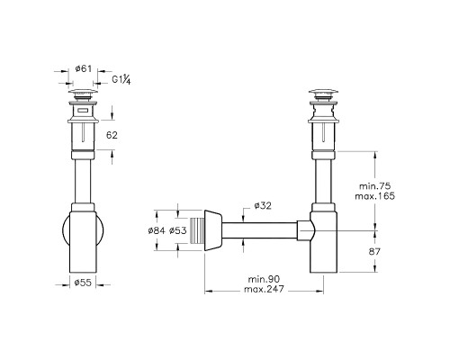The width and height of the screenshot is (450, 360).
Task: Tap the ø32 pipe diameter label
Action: [x=264, y=206]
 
